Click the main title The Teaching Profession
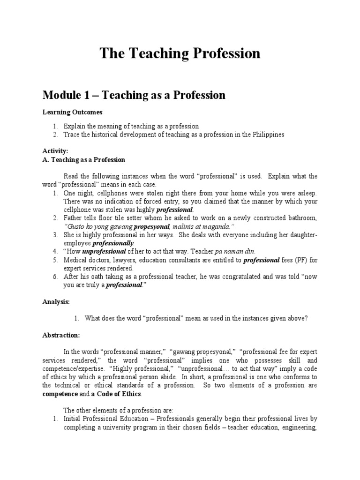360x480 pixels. [180, 53]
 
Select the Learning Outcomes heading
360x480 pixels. [73, 112]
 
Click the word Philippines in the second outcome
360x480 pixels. [268, 135]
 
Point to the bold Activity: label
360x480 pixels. [56, 151]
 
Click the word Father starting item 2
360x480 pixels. [73, 218]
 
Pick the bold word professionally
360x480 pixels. [113, 243]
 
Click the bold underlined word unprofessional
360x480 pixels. [105, 252]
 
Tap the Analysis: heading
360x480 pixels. [56, 302]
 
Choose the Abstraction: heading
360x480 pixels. [61, 335]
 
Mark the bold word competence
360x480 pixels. [60, 393]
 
